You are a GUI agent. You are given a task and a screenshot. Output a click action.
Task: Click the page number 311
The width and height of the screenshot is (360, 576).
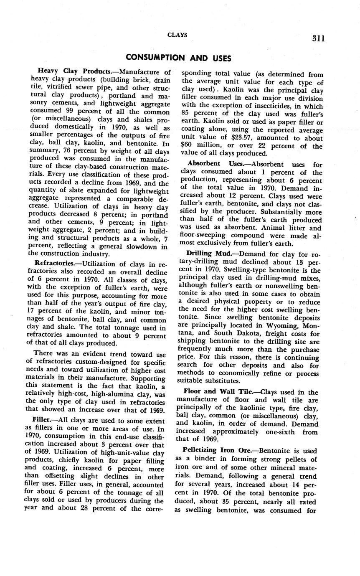coord(318,38)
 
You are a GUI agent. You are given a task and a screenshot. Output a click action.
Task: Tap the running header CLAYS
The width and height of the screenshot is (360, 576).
coord(177,35)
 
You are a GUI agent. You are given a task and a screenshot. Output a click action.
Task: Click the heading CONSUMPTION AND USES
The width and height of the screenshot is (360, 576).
coord(178,57)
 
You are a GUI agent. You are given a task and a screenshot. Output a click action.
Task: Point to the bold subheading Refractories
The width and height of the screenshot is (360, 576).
coord(53,264)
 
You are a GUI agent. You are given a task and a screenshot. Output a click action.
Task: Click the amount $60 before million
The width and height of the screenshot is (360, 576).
coord(186,146)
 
